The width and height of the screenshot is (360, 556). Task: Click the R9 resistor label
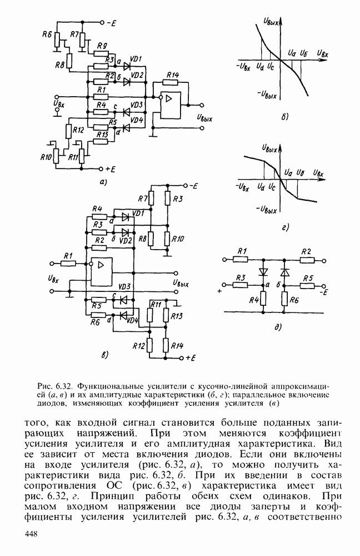[x=102, y=46]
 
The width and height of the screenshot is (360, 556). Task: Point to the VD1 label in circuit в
[x=139, y=213]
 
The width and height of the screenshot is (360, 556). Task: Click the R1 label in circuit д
[x=241, y=252]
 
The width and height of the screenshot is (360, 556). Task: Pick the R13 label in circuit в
[x=177, y=316]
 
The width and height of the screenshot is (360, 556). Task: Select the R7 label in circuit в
[x=142, y=199]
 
